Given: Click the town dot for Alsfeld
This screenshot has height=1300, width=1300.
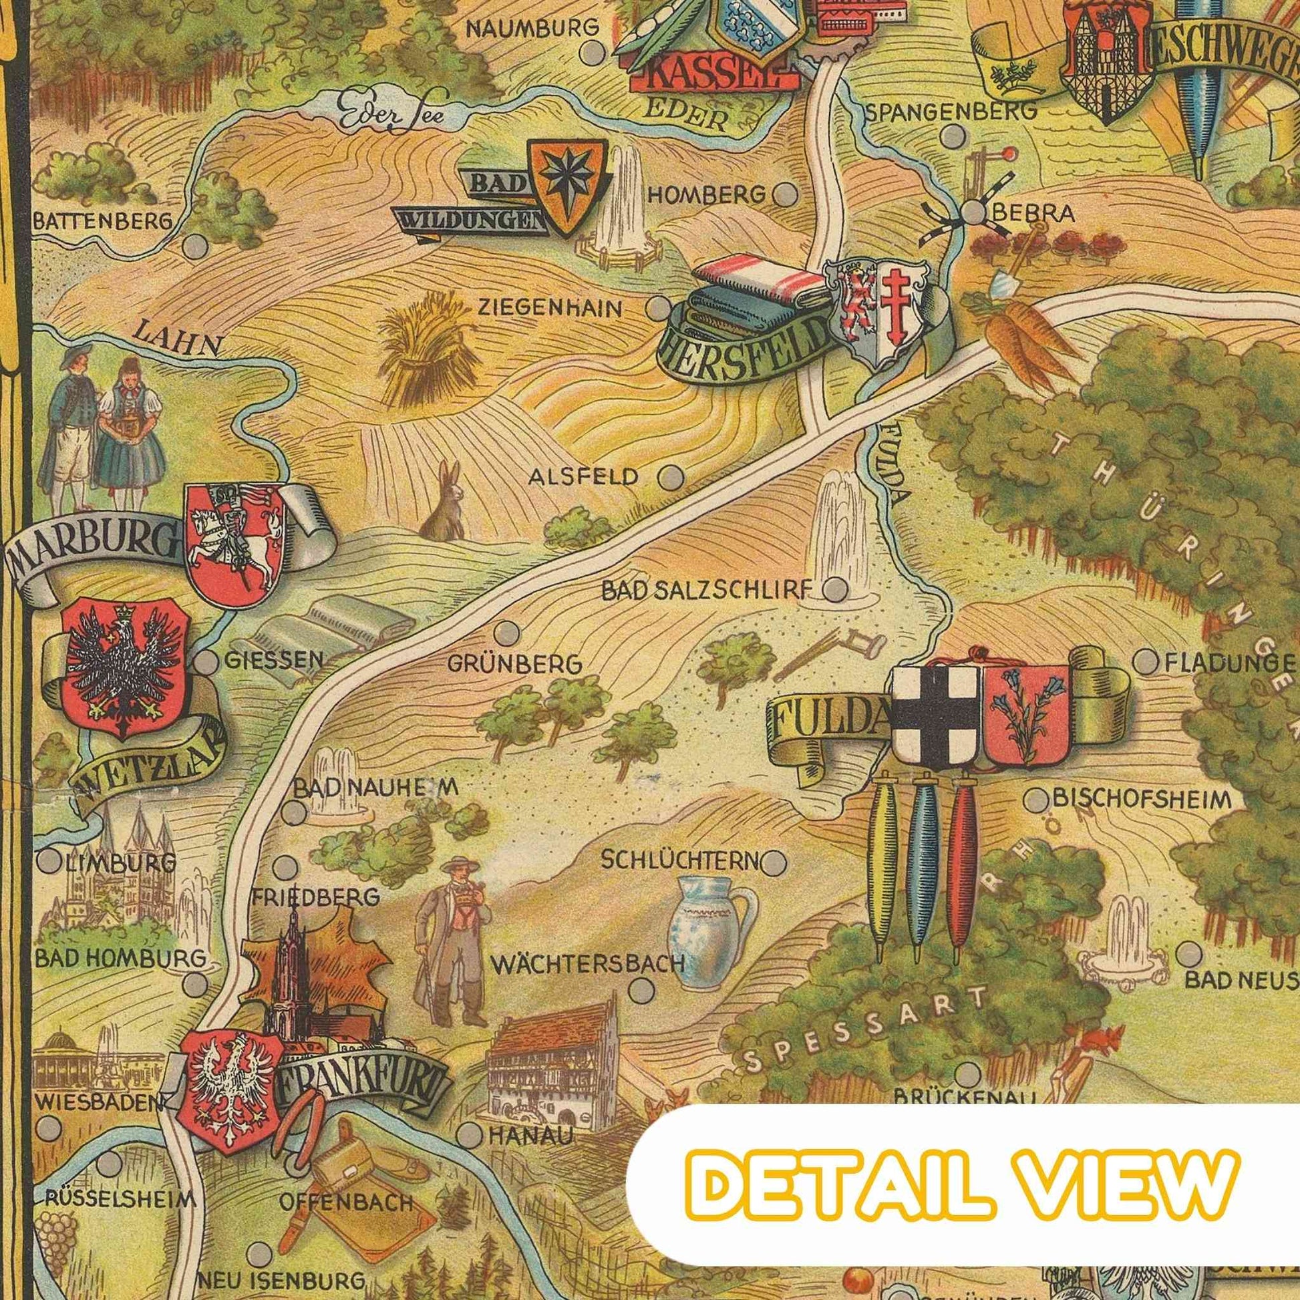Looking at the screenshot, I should point(668,478).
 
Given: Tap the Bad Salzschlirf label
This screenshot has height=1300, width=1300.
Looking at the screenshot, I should point(703,591).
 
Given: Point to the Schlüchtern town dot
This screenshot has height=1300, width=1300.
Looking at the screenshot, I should point(774,860).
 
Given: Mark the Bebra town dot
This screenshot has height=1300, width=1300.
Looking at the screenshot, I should point(971,212).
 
